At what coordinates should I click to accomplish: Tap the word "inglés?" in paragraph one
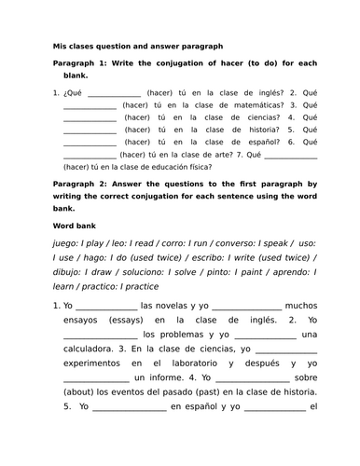coord(262,93)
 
